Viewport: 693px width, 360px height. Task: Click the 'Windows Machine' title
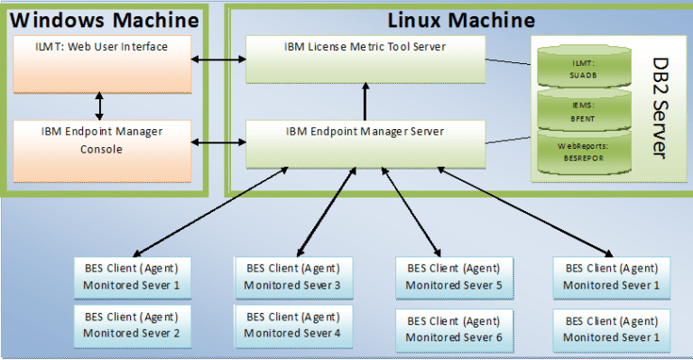[103, 18]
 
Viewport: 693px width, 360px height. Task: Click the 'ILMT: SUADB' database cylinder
[581, 65]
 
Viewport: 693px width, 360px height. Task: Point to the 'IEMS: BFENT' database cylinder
[581, 111]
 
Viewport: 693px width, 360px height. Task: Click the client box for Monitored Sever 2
[132, 326]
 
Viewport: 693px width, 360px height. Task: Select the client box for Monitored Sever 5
[454, 277]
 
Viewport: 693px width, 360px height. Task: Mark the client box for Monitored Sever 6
[454, 329]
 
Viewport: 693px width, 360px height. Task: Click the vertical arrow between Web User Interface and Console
[99, 104]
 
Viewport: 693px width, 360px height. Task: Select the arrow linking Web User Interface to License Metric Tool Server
[219, 60]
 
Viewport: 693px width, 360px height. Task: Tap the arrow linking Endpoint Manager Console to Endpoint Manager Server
[219, 143]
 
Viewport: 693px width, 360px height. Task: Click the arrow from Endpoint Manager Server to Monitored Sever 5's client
[411, 211]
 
